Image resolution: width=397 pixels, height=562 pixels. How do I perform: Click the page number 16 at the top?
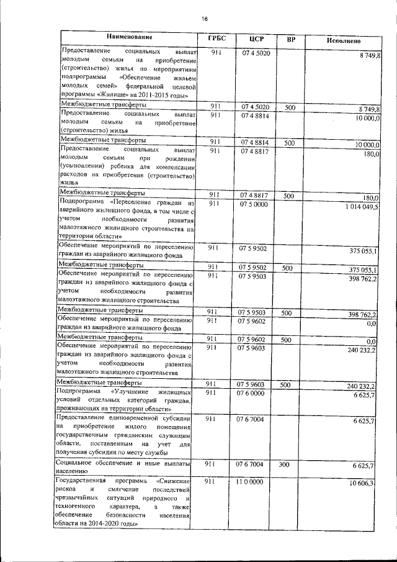(204, 18)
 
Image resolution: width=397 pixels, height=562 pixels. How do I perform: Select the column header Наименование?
(129, 38)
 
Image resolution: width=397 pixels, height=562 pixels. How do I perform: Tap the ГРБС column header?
(217, 39)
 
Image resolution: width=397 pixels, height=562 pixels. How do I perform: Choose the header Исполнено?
(343, 41)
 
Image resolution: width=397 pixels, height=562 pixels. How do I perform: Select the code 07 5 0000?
(252, 204)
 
